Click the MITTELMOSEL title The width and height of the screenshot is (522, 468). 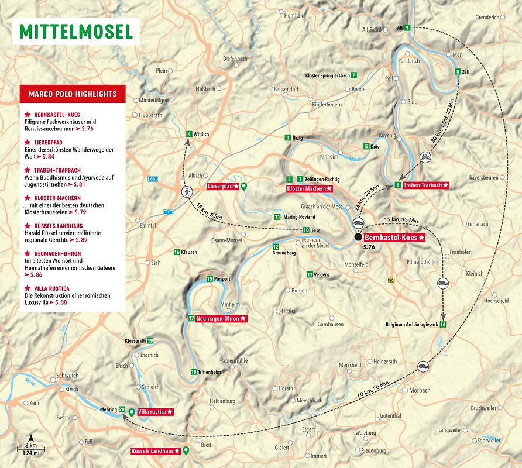[77, 32]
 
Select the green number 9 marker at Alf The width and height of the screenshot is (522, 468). [407, 28]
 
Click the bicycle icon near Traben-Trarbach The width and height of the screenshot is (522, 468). [425, 157]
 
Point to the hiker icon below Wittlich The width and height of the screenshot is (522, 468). [188, 191]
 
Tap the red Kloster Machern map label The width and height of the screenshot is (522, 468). [310, 189]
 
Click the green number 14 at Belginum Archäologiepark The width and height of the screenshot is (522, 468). [443, 324]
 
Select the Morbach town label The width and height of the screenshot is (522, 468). [420, 390]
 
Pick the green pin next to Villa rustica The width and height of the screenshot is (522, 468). [132, 412]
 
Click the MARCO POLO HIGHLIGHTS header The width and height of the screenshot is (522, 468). [73, 94]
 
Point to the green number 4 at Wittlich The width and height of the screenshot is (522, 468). [188, 134]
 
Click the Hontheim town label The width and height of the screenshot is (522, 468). [294, 16]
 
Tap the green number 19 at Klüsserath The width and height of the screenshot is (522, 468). [150, 340]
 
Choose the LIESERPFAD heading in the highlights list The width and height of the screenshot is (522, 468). [49, 142]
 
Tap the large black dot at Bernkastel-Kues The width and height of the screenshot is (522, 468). [358, 238]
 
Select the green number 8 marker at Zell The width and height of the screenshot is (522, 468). [458, 71]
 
